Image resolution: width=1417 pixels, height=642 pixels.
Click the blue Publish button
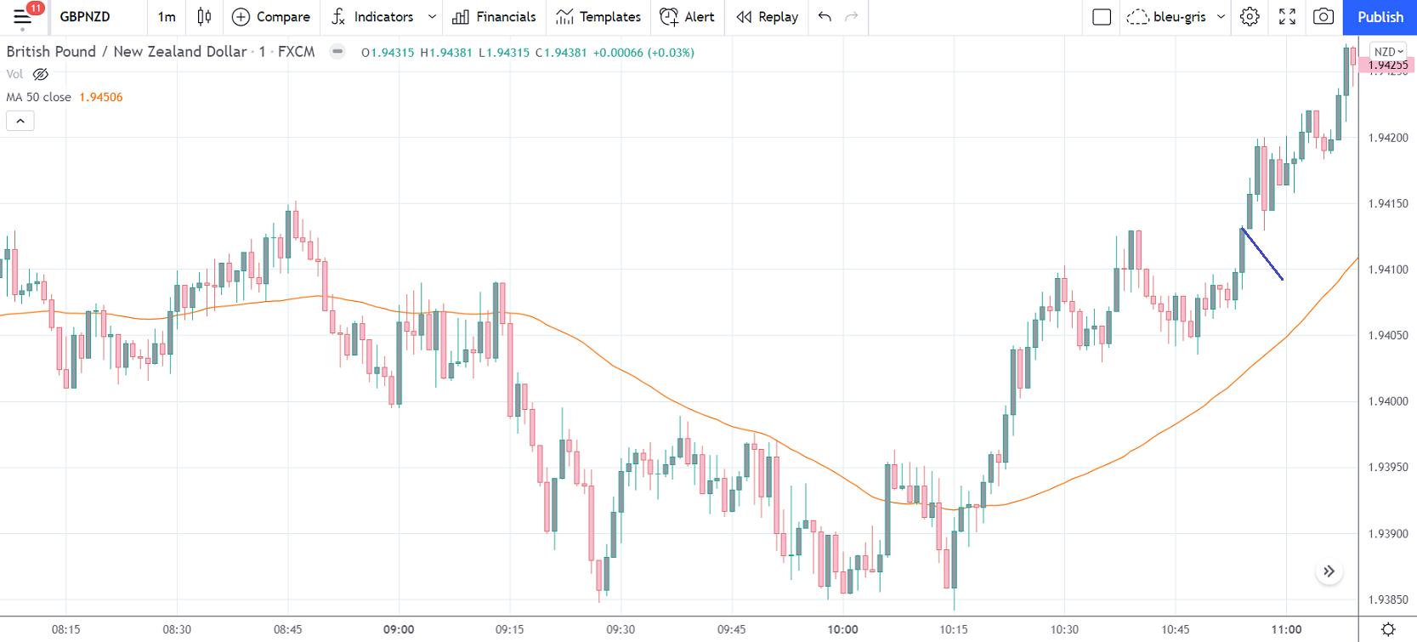(1380, 17)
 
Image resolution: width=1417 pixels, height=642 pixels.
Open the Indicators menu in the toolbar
(383, 17)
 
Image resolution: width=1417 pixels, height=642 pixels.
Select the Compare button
(271, 17)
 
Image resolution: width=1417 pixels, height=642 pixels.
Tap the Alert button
(687, 17)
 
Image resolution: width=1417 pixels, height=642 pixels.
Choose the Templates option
(598, 17)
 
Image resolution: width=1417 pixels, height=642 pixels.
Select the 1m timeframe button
(167, 17)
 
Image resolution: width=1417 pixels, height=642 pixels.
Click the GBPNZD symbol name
(85, 17)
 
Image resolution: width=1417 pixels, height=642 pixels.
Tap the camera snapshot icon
(1323, 17)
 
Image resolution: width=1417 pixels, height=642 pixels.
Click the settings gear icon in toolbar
(1249, 17)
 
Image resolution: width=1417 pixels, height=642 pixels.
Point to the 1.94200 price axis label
(1387, 138)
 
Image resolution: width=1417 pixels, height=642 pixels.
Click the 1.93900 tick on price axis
(1387, 534)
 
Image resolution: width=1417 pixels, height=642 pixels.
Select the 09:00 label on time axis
(399, 630)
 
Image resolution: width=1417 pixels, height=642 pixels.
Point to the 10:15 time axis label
(954, 630)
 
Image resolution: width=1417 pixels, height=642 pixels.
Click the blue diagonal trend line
(1262, 254)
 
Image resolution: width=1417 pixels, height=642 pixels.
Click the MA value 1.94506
(101, 97)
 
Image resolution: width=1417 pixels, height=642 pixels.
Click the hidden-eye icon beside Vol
(40, 75)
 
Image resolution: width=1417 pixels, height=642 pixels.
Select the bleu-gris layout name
(1179, 17)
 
